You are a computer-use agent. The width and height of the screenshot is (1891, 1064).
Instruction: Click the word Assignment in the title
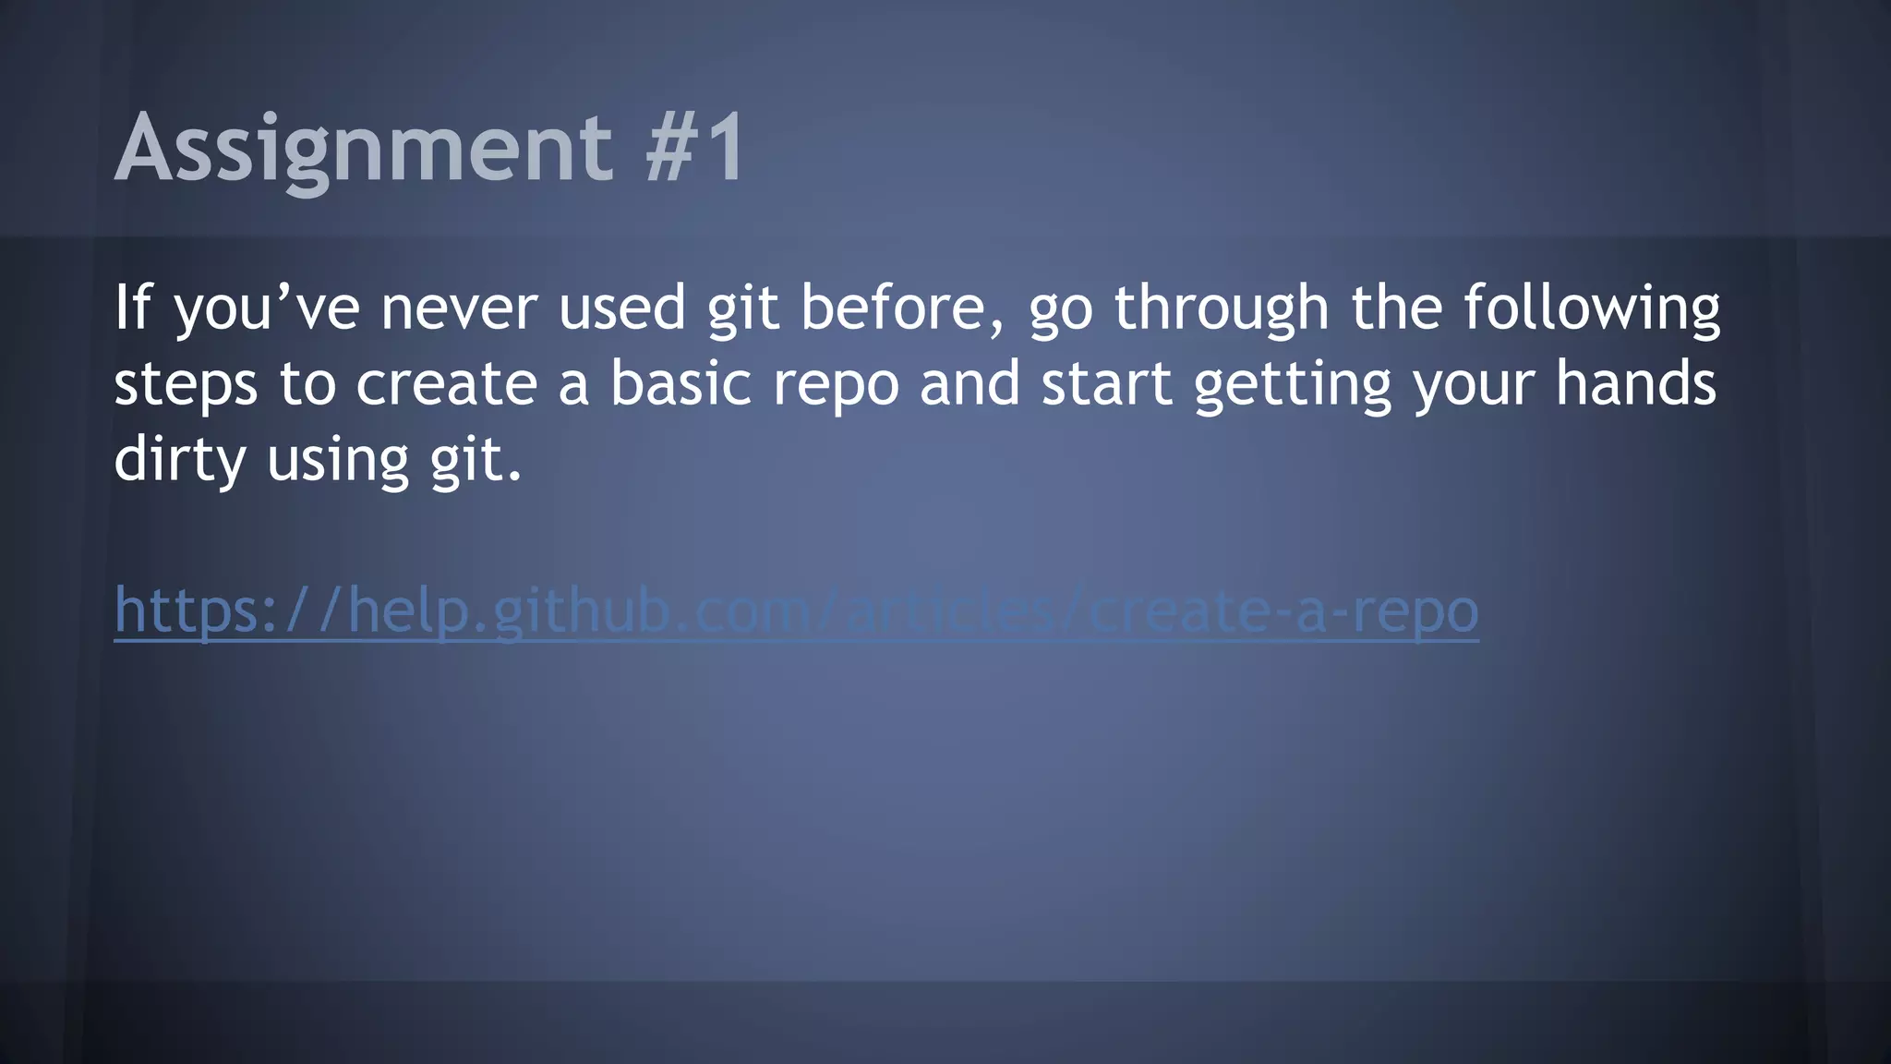pos(363,148)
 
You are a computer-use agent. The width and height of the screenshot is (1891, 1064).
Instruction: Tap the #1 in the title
pos(694,148)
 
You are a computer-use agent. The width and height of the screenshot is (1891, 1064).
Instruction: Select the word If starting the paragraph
pos(131,308)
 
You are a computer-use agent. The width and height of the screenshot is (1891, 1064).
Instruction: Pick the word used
pos(621,308)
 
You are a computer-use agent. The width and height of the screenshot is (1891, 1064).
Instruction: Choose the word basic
pos(681,383)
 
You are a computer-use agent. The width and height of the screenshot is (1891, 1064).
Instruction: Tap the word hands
pos(1635,383)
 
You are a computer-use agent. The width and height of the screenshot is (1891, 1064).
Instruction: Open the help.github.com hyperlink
pos(796,611)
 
